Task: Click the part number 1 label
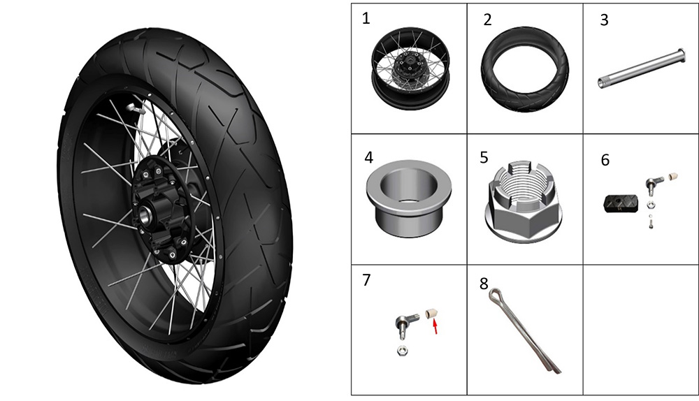[x=366, y=19]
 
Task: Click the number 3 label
[x=604, y=20]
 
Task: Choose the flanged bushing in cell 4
[x=408, y=198]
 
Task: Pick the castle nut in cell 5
[x=524, y=201]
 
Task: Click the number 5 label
[x=484, y=158]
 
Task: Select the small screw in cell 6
[x=651, y=222]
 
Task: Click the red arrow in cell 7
[x=435, y=327]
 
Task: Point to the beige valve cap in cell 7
[x=430, y=312]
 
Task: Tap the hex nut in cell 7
[x=401, y=350]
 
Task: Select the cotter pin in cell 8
[x=524, y=330]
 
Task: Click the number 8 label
[x=484, y=284]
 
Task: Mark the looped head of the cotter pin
[x=494, y=295]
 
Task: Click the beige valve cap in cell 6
[x=674, y=176]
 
